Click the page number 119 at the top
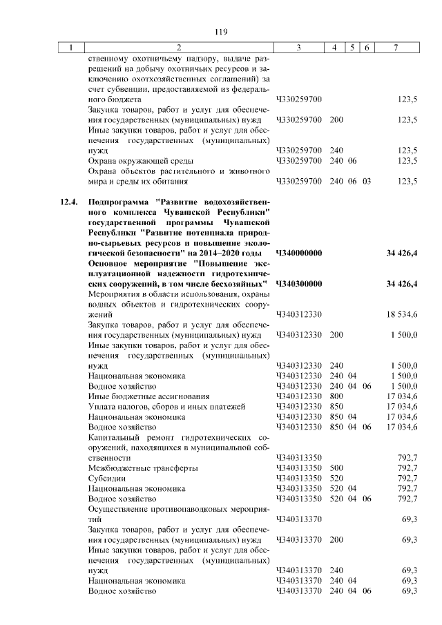coord(221,32)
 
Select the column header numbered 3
coord(298,48)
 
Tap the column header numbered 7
coord(395,48)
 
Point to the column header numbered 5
coord(352,48)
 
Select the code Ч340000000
coord(299,253)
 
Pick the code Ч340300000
coord(299,284)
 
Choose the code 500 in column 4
coord(336,468)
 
